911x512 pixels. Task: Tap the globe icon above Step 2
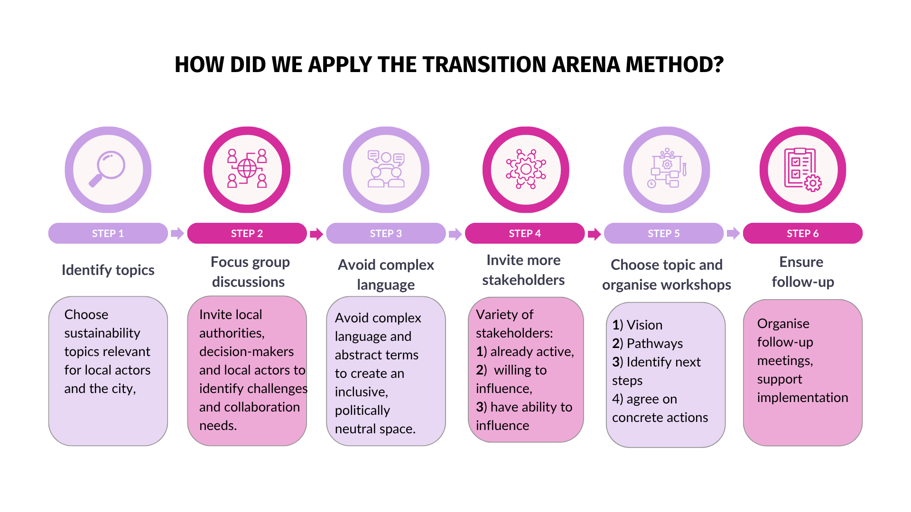[x=247, y=168]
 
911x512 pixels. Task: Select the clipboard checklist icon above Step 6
[x=802, y=169]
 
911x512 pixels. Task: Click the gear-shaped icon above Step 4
[x=526, y=169]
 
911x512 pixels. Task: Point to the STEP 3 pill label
[x=386, y=233]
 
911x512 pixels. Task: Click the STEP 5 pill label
[x=663, y=233]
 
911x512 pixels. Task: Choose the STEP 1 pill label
[x=108, y=233]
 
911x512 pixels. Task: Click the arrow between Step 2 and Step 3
[x=316, y=234]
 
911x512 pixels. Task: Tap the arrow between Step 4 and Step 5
[x=594, y=234]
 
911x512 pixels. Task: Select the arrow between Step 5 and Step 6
[x=733, y=233]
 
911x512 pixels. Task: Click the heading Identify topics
[x=108, y=270]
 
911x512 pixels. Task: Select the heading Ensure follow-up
[x=802, y=272]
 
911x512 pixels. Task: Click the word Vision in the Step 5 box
[x=644, y=325]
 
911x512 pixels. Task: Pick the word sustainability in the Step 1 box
[x=102, y=333]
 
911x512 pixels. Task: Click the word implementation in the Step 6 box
[x=802, y=397]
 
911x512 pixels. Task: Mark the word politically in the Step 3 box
[x=362, y=410]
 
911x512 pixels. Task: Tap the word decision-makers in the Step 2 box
[x=246, y=351]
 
